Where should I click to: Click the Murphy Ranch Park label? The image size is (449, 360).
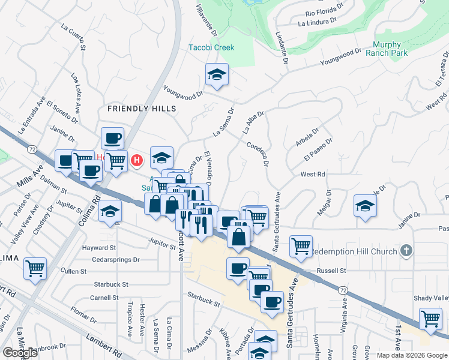pyautogui.click(x=390, y=49)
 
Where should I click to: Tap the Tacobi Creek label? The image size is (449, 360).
pyautogui.click(x=211, y=47)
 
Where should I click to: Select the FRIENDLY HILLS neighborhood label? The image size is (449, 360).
pyautogui.click(x=142, y=109)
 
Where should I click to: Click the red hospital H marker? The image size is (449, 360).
pyautogui.click(x=137, y=160)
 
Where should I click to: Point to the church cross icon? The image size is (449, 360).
pyautogui.click(x=406, y=250)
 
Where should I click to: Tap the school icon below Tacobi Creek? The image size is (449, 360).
pyautogui.click(x=217, y=75)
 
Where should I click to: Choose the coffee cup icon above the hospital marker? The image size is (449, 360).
pyautogui.click(x=112, y=139)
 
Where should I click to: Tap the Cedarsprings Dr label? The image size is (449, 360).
pyautogui.click(x=116, y=260)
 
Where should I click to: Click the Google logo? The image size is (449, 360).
pyautogui.click(x=20, y=353)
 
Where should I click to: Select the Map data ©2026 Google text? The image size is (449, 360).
pyautogui.click(x=411, y=355)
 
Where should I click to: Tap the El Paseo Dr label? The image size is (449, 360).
pyautogui.click(x=318, y=149)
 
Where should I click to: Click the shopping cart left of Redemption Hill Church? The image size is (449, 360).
pyautogui.click(x=301, y=245)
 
